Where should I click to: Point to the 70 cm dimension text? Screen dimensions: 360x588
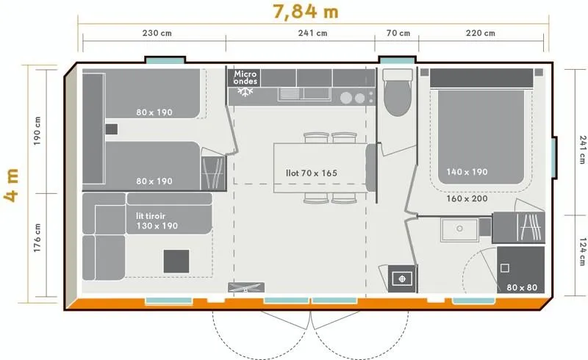pos(397,33)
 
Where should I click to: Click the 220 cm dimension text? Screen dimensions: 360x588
pos(481,33)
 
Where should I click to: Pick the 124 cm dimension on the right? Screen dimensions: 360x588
pos(581,252)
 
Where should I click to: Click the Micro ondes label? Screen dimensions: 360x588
pos(245,77)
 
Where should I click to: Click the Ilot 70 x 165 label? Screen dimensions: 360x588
pos(312,173)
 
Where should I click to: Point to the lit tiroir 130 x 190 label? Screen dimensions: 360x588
pos(157,221)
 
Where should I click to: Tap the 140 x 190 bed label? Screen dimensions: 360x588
pos(467,173)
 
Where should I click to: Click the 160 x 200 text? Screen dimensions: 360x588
pos(467,198)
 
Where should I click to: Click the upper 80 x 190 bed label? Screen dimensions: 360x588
pos(154,112)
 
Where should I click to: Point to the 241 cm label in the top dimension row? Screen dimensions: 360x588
pos(312,33)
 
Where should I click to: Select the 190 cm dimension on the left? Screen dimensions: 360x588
pos(37,130)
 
